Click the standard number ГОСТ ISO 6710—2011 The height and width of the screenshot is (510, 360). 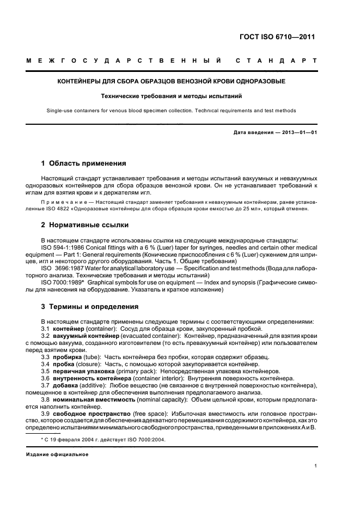pos(278,37)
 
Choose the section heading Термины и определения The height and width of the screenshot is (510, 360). pos(90,307)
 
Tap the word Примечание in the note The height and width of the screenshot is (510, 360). pos(59,202)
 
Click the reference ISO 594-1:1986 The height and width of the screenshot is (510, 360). pos(62,246)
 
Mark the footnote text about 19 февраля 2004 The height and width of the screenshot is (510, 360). pos(103,440)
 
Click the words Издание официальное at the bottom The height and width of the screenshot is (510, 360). pos(57,454)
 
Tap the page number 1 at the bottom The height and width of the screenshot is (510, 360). pos(316,465)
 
